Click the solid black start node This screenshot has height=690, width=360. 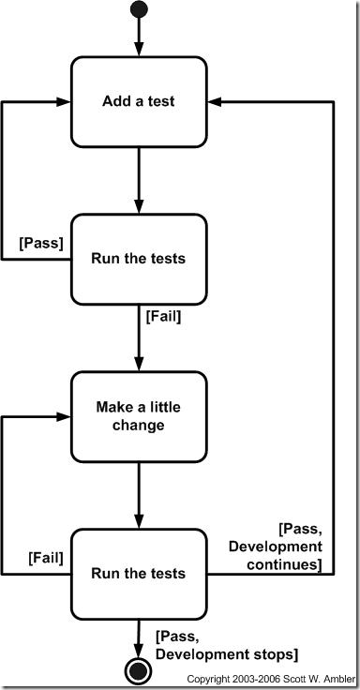[139, 10]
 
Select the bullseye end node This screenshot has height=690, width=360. [139, 670]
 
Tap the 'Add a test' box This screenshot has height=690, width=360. [139, 101]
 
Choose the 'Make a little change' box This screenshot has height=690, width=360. [139, 416]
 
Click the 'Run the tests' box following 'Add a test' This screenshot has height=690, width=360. [139, 259]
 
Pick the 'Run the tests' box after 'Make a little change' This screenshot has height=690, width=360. [139, 574]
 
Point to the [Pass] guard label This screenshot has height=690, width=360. [40, 243]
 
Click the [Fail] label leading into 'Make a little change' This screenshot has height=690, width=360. [163, 316]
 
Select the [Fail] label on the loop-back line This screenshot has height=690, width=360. [45, 558]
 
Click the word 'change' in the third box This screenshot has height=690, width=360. [139, 425]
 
